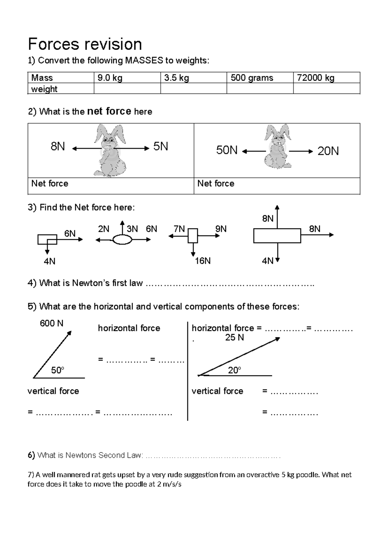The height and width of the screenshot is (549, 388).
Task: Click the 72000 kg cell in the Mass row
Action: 327,77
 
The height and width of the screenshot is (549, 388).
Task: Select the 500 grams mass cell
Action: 260,77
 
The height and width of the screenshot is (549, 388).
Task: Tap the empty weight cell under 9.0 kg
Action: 127,88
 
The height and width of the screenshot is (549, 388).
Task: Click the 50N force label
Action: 227,150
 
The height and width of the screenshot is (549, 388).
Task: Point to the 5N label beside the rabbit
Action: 161,147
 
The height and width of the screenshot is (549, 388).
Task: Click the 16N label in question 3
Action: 203,261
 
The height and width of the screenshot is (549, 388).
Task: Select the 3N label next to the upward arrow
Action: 132,229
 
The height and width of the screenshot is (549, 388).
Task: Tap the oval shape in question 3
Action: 122,240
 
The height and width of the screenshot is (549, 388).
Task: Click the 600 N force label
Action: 51,323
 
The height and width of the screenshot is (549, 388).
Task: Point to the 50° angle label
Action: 58,370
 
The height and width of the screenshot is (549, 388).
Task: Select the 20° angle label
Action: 234,370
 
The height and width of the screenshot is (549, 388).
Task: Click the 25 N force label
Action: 234,338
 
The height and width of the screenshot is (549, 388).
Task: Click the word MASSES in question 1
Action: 144,60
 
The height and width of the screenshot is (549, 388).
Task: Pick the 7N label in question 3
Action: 179,229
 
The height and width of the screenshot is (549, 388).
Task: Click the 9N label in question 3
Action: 221,229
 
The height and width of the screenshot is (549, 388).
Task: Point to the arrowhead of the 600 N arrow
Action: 70,333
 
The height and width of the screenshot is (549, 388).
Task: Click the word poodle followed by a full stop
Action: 308,475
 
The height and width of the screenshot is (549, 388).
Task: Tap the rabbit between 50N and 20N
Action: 277,147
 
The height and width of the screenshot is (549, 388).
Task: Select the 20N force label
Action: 328,151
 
